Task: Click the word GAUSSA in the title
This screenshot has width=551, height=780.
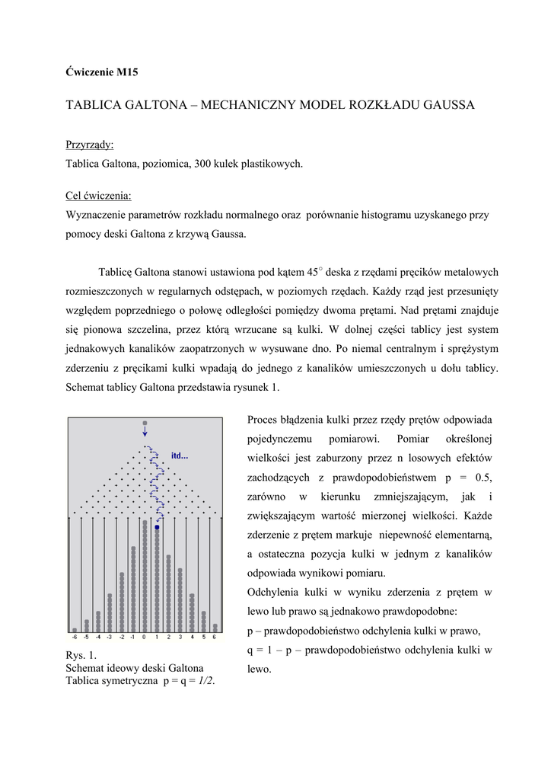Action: (x=441, y=105)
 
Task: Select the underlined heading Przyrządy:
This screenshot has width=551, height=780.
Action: (x=90, y=145)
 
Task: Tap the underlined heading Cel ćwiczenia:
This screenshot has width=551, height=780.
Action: (x=99, y=197)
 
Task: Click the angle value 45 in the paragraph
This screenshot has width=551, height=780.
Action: (x=311, y=272)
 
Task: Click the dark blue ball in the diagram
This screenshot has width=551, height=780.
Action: (x=157, y=527)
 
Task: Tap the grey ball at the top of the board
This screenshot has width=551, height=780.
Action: (x=145, y=423)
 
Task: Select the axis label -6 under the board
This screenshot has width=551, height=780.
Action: (x=74, y=637)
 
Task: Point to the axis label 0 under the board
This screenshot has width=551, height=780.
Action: (x=145, y=637)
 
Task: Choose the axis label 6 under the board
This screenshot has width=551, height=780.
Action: (x=215, y=637)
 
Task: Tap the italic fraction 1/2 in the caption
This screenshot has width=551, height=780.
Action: (x=205, y=681)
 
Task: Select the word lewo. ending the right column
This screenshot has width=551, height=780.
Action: (x=260, y=670)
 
